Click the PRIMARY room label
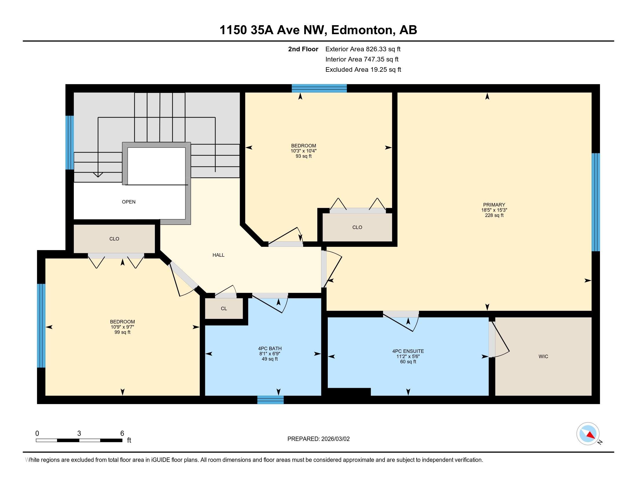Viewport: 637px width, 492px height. [x=494, y=205]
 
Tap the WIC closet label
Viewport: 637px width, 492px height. [x=543, y=356]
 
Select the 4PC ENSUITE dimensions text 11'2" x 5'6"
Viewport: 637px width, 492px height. [x=408, y=356]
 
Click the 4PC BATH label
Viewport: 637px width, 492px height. [x=270, y=348]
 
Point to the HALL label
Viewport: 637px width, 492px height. [x=218, y=255]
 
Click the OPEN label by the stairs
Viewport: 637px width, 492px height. [x=129, y=202]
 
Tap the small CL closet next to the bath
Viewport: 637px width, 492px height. [x=224, y=309]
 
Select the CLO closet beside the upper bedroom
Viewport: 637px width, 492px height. [x=357, y=227]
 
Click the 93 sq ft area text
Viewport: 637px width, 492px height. [x=303, y=156]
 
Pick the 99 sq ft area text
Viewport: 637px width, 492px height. [x=122, y=332]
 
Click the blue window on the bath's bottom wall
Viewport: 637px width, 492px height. [x=270, y=400]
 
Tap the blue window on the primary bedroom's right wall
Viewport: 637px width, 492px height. [x=595, y=202]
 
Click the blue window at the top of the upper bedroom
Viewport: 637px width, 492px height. [x=319, y=88]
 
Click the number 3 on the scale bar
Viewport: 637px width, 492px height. [x=79, y=434]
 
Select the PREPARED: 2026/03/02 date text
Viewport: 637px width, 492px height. [x=318, y=439]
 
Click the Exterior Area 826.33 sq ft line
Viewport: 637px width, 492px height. [x=363, y=49]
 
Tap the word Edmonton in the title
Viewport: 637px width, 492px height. [x=362, y=30]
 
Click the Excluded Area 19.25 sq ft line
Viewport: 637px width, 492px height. [x=363, y=69]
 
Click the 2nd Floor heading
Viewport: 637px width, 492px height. [x=303, y=49]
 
